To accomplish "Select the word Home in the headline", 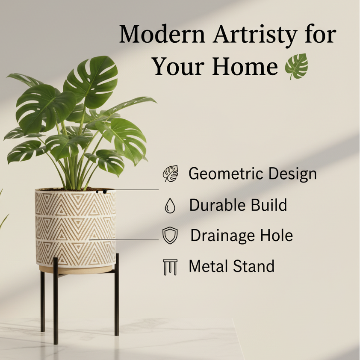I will pos(245,67).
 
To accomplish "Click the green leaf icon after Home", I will pos(297,66).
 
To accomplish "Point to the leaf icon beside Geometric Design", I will pos(171,174).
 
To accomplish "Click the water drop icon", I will pos(170,207).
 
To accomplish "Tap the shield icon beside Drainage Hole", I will pos(170,236).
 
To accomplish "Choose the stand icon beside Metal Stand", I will pos(170,267).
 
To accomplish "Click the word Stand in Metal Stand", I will pos(254,266).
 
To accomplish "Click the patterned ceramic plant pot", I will pos(75,229).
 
